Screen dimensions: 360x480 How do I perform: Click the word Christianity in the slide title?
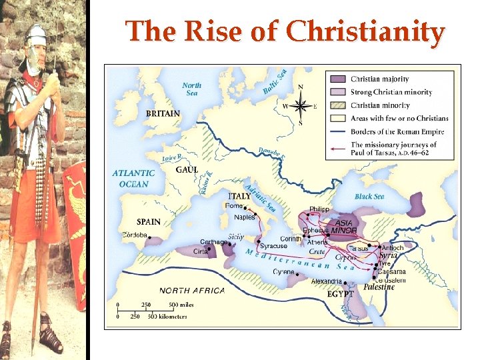point(365,32)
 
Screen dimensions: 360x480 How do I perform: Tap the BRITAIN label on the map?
point(163,113)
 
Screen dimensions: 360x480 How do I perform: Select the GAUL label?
point(187,170)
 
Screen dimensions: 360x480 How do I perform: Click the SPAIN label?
point(149,221)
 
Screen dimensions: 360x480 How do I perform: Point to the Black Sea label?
point(369,197)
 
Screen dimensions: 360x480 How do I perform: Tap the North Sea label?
point(191,89)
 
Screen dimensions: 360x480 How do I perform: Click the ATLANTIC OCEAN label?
point(133,178)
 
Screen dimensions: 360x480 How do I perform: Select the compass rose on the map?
point(301,105)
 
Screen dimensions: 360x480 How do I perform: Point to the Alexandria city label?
point(327,281)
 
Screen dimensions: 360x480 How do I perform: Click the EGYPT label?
point(341,293)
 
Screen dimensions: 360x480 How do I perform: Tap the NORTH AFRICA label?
point(192,291)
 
